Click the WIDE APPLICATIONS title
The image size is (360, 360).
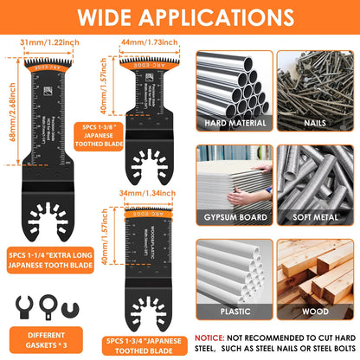coord(180,17)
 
